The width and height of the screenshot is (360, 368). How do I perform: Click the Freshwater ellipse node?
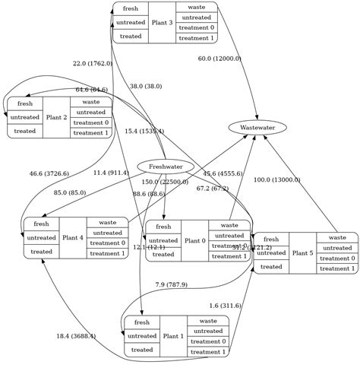click(166, 167)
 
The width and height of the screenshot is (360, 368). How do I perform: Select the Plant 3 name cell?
click(162, 23)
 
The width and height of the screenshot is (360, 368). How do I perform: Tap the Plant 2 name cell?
click(56, 117)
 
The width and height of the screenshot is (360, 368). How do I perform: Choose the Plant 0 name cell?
click(194, 240)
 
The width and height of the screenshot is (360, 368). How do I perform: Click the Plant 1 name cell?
click(172, 335)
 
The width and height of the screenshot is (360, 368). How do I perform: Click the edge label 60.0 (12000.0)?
click(219, 59)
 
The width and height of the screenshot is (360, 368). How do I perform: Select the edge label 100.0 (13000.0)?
click(276, 180)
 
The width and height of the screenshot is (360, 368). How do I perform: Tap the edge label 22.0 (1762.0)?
click(93, 64)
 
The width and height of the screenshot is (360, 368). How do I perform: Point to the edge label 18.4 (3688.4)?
click(76, 336)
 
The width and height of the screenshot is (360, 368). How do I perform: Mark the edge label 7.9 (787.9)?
click(171, 284)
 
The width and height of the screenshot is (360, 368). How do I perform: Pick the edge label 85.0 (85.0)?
click(70, 192)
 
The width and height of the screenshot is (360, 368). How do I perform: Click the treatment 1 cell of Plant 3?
click(196, 38)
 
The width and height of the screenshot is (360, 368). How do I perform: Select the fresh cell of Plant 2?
click(25, 103)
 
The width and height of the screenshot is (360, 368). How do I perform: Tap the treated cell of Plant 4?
click(42, 251)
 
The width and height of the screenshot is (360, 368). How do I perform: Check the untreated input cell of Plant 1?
click(142, 335)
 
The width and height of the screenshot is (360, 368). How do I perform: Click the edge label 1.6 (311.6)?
click(225, 306)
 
